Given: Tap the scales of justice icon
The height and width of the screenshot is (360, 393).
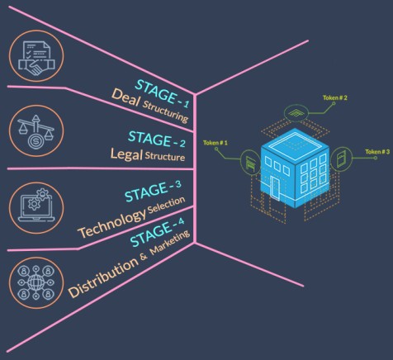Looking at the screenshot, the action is click(36, 130).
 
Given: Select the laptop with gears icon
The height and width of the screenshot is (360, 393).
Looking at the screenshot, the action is click(36, 205).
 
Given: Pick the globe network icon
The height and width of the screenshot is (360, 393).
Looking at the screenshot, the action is click(36, 282).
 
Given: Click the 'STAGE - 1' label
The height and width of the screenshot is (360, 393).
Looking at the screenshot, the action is click(163, 93).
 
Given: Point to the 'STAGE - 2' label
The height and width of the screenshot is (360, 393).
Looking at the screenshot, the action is click(157, 140).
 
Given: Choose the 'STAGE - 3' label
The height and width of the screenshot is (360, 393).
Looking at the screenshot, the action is click(153, 191).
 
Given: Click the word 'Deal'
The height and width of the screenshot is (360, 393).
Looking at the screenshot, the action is click(125, 97).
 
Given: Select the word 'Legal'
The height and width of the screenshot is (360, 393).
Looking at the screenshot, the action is click(126, 154).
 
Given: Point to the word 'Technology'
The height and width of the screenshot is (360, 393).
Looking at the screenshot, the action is click(112, 224).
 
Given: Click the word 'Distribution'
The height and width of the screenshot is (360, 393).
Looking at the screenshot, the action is click(103, 277).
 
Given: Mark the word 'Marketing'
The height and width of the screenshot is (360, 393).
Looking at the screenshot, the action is click(170, 242).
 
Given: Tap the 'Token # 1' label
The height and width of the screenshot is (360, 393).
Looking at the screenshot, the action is click(215, 143).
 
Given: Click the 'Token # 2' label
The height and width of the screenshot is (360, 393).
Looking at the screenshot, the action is click(335, 97).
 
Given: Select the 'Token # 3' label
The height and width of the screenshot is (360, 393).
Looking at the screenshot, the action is click(377, 152).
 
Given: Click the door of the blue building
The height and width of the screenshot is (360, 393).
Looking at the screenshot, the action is click(275, 187).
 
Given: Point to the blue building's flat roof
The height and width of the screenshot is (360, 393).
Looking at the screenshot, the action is click(295, 144).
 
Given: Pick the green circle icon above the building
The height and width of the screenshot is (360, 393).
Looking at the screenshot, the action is click(296, 113).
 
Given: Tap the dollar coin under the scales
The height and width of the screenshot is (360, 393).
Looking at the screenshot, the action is click(36, 141).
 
